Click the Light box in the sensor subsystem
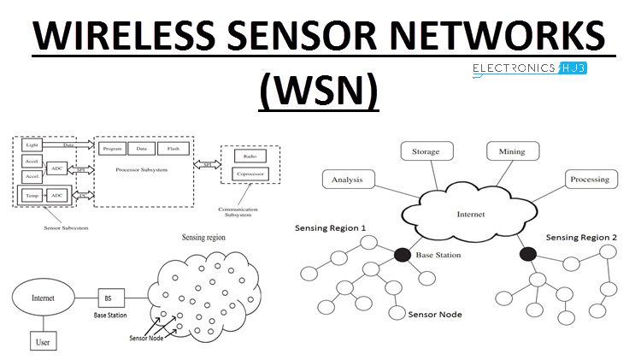click(x=32, y=145)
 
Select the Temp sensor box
click(x=32, y=195)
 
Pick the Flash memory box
click(x=173, y=149)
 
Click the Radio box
click(x=250, y=157)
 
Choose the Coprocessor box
click(x=250, y=174)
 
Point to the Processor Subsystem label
click(x=142, y=170)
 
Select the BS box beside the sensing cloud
click(x=109, y=298)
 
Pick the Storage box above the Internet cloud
click(x=425, y=152)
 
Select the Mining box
click(x=506, y=152)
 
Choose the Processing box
click(x=589, y=180)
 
